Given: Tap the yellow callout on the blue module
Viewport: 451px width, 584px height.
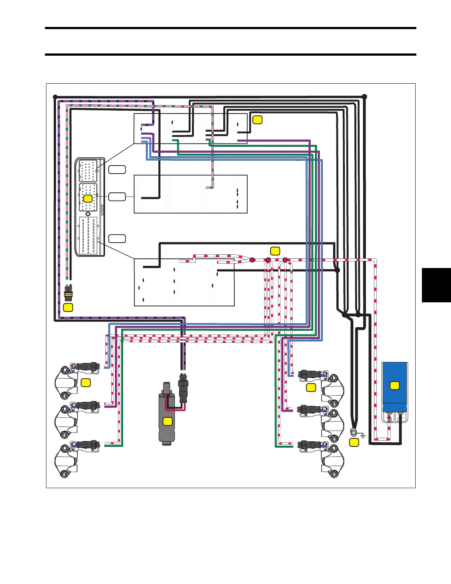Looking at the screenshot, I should coord(395,386).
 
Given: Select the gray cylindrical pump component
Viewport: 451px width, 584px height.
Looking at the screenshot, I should coord(167,415).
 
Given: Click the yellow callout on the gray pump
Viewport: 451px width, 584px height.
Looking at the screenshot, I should coord(168,421).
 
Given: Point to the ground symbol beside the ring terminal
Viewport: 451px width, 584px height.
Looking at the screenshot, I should coord(363,436).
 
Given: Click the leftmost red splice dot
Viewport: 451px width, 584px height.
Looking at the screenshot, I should coord(252,260).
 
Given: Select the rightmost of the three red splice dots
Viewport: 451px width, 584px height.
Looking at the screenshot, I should coord(285,260).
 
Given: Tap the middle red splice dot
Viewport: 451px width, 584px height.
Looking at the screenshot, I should coord(268,260).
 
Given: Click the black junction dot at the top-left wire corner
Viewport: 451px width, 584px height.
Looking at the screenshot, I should coord(55,97).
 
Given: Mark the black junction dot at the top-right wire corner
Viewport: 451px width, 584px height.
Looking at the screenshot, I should coord(364,97).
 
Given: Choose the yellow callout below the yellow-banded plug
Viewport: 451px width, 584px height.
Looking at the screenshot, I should coord(68,307).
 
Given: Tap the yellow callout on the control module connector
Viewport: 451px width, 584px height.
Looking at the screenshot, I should coord(88,198).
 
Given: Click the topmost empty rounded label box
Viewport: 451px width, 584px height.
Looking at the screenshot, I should coord(117,170).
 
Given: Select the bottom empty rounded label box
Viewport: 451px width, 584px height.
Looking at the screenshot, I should coord(117,239).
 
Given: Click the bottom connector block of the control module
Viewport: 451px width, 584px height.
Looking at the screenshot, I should coord(88,236).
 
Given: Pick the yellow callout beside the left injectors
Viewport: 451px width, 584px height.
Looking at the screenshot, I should coord(85,383).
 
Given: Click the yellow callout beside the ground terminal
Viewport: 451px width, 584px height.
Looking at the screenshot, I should coord(354,442).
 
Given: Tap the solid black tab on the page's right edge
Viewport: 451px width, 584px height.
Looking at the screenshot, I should coord(436,285).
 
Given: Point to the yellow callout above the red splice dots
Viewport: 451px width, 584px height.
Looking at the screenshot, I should coord(275,251).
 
